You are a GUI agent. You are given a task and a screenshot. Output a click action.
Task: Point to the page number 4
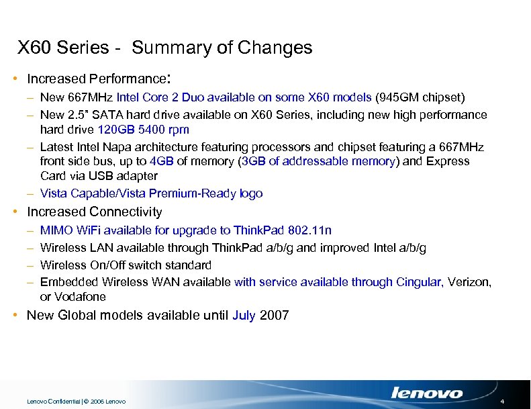pyautogui.click(x=512, y=401)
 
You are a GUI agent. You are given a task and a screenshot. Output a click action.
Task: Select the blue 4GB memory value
pyautogui.click(x=162, y=162)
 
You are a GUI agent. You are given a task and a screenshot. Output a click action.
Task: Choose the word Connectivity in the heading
pyautogui.click(x=125, y=212)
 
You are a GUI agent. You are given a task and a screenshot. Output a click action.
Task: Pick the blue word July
pyautogui.click(x=244, y=316)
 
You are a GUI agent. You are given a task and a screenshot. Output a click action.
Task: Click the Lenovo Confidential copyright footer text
pyautogui.click(x=76, y=402)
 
